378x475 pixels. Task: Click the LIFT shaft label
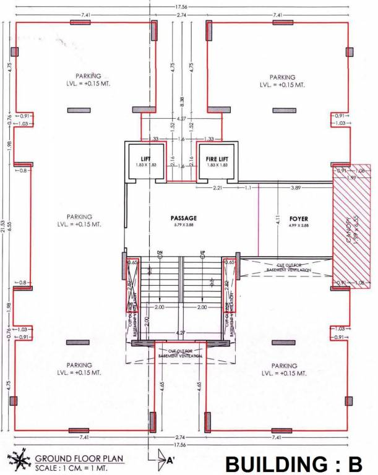[147, 159]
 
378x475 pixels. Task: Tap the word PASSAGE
[184, 219]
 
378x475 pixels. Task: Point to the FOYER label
[298, 219]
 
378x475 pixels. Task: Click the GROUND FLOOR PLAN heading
[79, 458]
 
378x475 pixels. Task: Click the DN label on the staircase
[160, 252]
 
